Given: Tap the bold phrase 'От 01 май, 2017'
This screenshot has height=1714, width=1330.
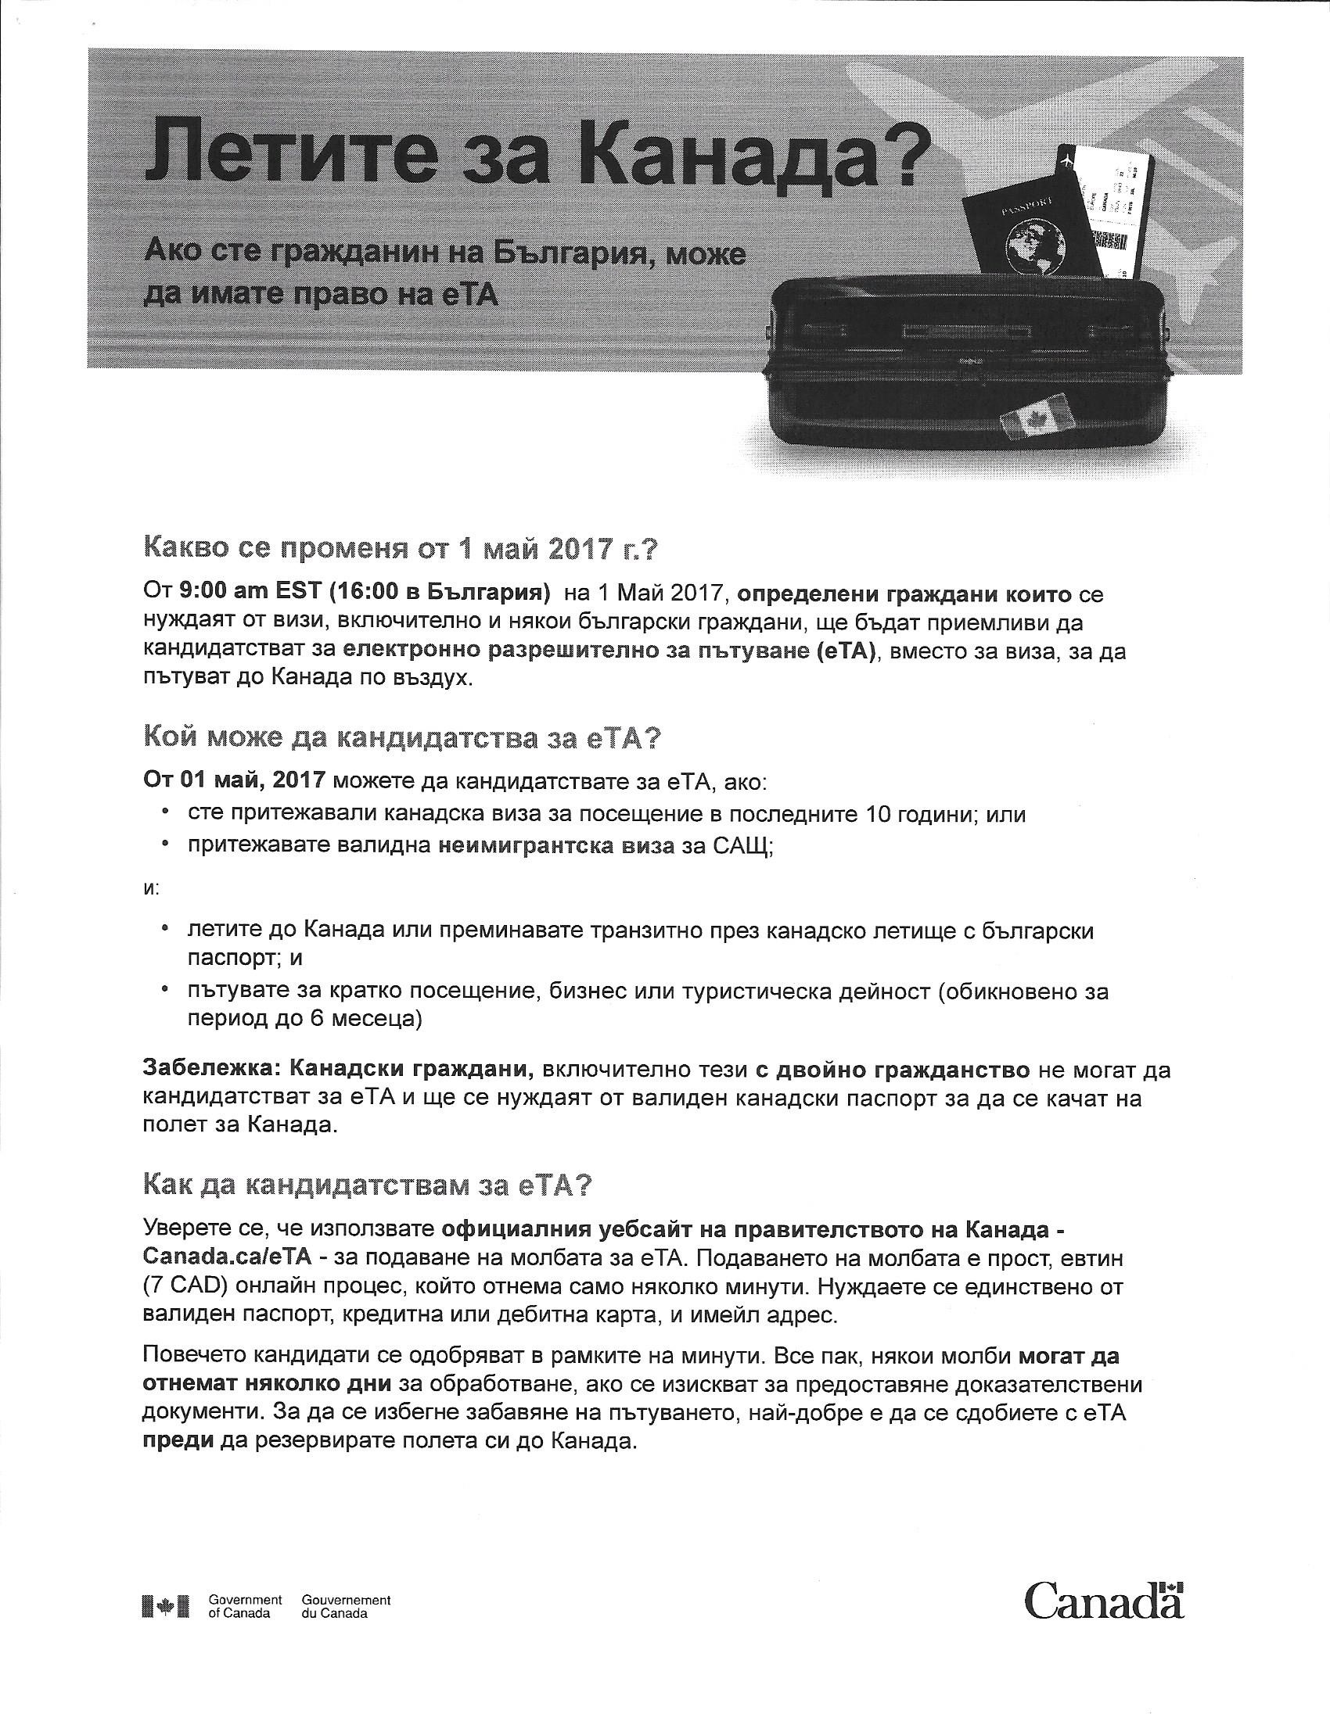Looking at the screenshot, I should (x=233, y=781).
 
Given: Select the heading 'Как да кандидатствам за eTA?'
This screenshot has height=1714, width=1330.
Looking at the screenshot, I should (x=366, y=1186).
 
